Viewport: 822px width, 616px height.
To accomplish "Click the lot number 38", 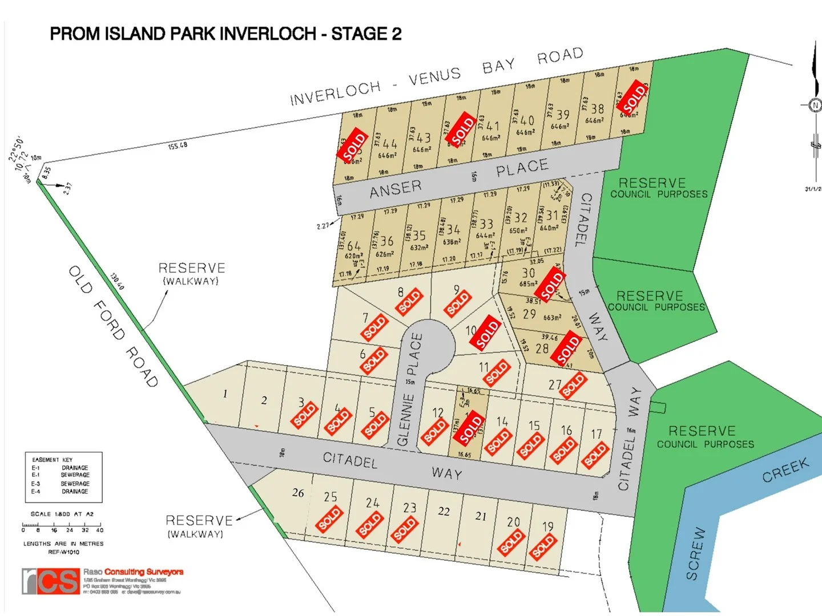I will pos(597,108).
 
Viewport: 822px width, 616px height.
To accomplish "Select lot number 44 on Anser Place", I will pos(390,144).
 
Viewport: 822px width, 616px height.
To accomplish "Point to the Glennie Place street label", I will pos(410,390).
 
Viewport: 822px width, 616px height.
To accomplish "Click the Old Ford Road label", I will pos(112,327).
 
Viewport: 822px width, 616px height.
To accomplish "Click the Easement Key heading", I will pos(52,460).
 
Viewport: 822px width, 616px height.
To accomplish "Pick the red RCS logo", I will pos(51,581).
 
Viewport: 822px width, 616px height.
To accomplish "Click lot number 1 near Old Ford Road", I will pos(225,394).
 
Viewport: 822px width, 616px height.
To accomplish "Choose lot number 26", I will pos(298,493).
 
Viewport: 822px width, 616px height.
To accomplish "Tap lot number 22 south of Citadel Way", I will pos(444,512).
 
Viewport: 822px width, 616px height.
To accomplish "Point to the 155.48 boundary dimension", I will pos(178,146).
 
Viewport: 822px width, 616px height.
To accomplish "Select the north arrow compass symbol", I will pos(815,104).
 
